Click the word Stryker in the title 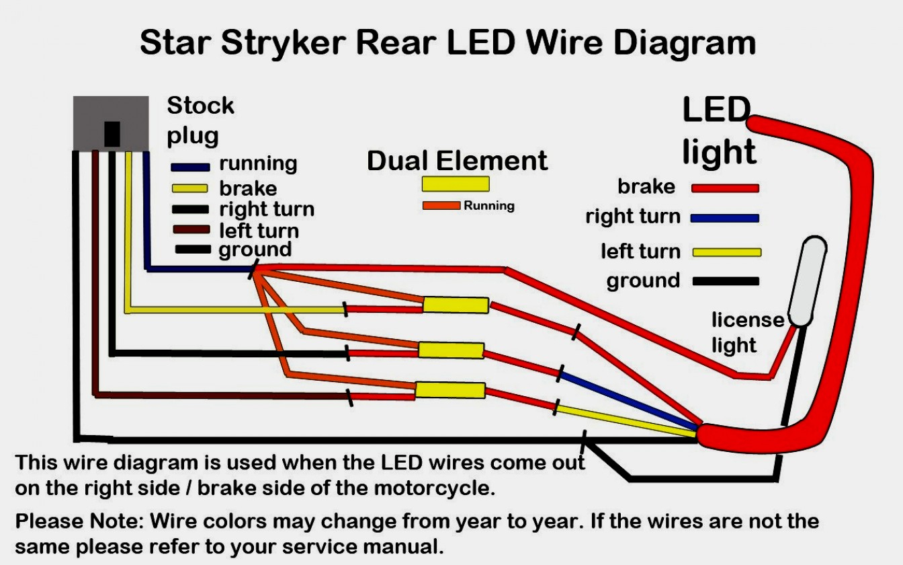click(284, 43)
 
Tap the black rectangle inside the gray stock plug click(112, 134)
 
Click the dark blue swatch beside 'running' click(190, 167)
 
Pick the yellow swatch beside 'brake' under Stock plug click(190, 188)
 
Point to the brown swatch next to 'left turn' click(190, 229)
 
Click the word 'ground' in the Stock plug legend click(255, 250)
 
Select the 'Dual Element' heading click(457, 161)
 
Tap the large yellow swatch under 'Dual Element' click(456, 184)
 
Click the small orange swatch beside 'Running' click(441, 206)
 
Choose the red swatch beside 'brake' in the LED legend click(725, 188)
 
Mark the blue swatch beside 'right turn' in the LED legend click(725, 218)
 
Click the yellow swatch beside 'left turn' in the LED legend click(726, 252)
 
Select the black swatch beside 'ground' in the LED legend click(726, 281)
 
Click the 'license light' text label click(746, 332)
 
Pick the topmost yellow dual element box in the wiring click(455, 305)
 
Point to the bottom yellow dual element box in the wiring click(449, 390)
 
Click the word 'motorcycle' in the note click(433, 488)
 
